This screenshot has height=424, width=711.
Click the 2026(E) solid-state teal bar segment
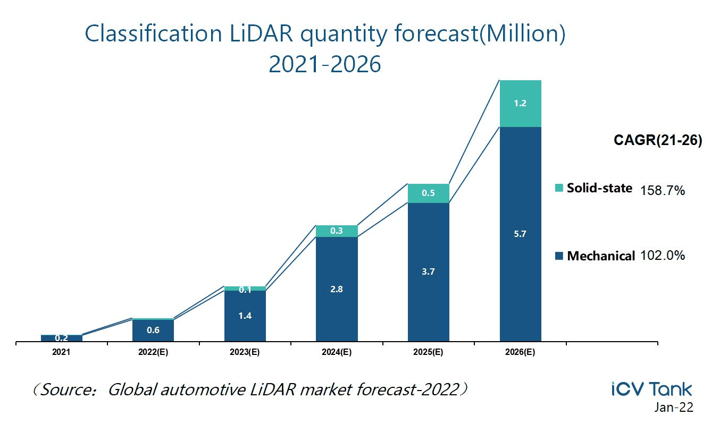coord(520,104)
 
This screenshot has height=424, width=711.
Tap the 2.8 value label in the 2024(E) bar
coord(336,290)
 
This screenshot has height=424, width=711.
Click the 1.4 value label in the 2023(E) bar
coord(245,316)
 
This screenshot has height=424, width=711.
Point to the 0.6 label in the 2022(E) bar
coord(153,330)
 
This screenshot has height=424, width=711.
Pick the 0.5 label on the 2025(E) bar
coord(428,193)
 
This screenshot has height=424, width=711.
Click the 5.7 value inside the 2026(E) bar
coord(520,234)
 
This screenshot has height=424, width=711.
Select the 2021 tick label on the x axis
coord(61,352)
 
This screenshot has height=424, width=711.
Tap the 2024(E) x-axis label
coord(336,352)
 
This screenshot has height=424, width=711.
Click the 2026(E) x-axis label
coord(520,352)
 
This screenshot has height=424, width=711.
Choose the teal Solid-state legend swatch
coord(558,188)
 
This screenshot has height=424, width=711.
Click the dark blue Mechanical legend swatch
coord(558,256)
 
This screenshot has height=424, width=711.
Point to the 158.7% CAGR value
coord(663,190)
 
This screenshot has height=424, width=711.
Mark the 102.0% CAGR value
coord(663,256)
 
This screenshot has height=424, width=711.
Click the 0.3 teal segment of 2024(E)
coord(336,231)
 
